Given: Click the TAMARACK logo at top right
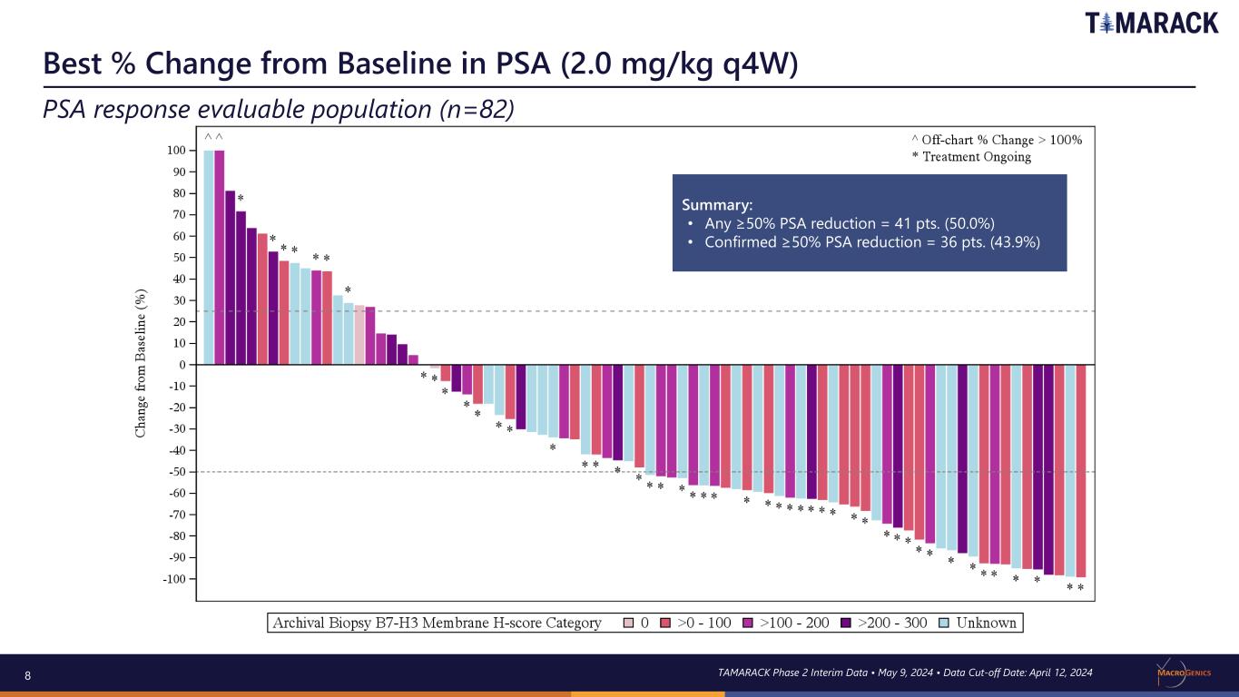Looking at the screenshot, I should pyautogui.click(x=1151, y=23).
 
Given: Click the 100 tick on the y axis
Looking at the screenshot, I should pyautogui.click(x=176, y=151).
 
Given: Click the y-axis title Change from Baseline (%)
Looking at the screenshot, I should pyautogui.click(x=141, y=364).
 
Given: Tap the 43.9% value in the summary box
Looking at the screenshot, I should pyautogui.click(x=1015, y=242).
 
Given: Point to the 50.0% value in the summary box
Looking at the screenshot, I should pyautogui.click(x=969, y=223).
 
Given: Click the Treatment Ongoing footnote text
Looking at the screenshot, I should pyautogui.click(x=977, y=156).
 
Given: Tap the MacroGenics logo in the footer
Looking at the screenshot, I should pyautogui.click(x=1184, y=672).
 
